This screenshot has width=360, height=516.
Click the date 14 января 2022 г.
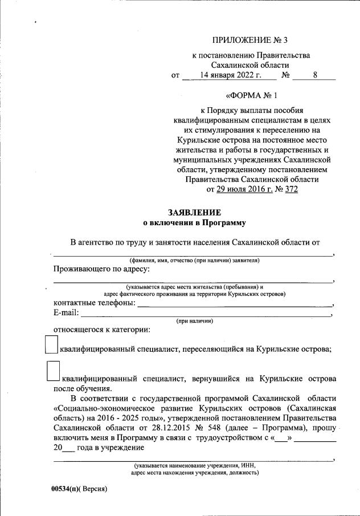pyautogui.click(x=230, y=75)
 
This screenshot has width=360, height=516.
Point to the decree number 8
pyautogui.click(x=315, y=75)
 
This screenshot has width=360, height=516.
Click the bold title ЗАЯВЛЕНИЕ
pyautogui.click(x=193, y=213)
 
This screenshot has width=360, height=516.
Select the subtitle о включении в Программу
pyautogui.click(x=193, y=223)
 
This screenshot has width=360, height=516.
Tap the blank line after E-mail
pyautogui.click(x=205, y=314)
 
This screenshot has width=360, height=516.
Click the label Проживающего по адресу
pyautogui.click(x=102, y=269)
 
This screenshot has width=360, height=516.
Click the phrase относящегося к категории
pyautogui.click(x=102, y=330)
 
